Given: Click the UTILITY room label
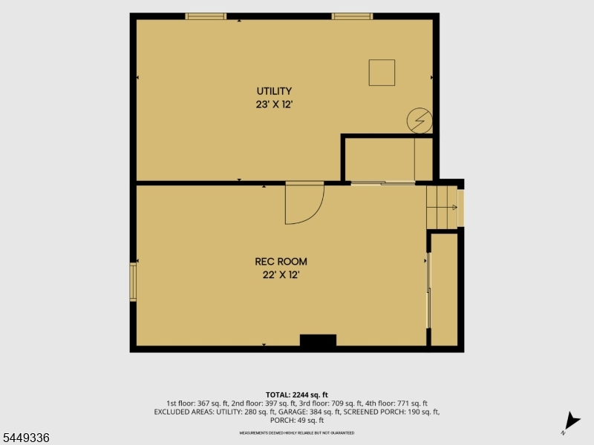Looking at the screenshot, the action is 274,91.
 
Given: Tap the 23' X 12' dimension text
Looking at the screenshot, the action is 274,105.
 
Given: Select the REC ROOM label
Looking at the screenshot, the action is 281,262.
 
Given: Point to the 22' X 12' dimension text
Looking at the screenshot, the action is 281,274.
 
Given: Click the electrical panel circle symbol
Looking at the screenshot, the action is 420,121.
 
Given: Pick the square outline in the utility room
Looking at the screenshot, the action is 382,60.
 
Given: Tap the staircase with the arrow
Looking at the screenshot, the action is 442,208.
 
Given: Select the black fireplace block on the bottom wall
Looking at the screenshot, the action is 319,340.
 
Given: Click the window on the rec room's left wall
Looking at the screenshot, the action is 133,283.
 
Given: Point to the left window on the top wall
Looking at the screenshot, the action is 206,16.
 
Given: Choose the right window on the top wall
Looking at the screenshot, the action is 352,16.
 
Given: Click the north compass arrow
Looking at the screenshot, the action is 572,421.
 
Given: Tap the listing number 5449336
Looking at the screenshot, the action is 25,438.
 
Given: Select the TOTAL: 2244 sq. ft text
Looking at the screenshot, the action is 296,395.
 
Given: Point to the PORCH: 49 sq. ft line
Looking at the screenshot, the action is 296,420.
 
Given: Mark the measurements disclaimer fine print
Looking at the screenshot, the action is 296,432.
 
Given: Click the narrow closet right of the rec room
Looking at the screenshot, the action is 444,289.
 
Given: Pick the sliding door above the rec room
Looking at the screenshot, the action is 383,183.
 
